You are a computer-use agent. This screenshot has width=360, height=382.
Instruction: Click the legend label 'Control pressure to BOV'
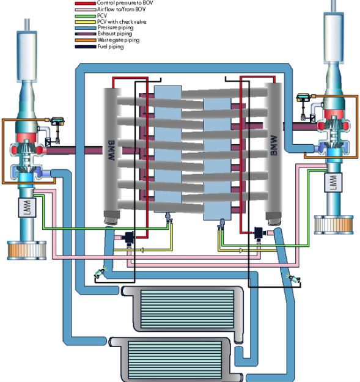[125, 3]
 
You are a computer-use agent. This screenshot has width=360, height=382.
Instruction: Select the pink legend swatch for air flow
[85, 10]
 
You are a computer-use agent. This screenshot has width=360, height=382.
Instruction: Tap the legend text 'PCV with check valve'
[122, 21]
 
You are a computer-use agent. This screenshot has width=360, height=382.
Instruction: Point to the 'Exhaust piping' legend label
[115, 34]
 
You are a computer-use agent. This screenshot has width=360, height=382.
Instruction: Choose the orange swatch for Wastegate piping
[85, 40]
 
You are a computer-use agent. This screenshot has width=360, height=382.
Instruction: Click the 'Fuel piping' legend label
[111, 46]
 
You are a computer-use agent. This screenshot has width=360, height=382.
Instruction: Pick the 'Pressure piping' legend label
[116, 28]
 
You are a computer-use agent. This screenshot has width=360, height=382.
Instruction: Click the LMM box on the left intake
[28, 208]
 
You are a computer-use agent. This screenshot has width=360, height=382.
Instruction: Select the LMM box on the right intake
[333, 182]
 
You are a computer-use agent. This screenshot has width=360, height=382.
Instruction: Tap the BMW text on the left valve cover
[111, 150]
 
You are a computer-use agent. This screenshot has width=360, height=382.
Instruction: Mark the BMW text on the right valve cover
[274, 145]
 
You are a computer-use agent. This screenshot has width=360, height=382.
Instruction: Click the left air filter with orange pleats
[26, 250]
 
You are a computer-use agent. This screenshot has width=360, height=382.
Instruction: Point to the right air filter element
[334, 225]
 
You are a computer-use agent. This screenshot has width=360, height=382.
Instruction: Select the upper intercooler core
[187, 309]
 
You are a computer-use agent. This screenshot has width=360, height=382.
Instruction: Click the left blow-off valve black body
[130, 237]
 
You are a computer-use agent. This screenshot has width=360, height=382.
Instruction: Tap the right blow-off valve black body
[259, 233]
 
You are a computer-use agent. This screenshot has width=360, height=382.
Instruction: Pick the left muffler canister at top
[27, 56]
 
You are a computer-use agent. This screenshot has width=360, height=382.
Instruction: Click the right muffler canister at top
[334, 39]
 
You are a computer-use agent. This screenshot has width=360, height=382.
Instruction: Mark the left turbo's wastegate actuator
[57, 120]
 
